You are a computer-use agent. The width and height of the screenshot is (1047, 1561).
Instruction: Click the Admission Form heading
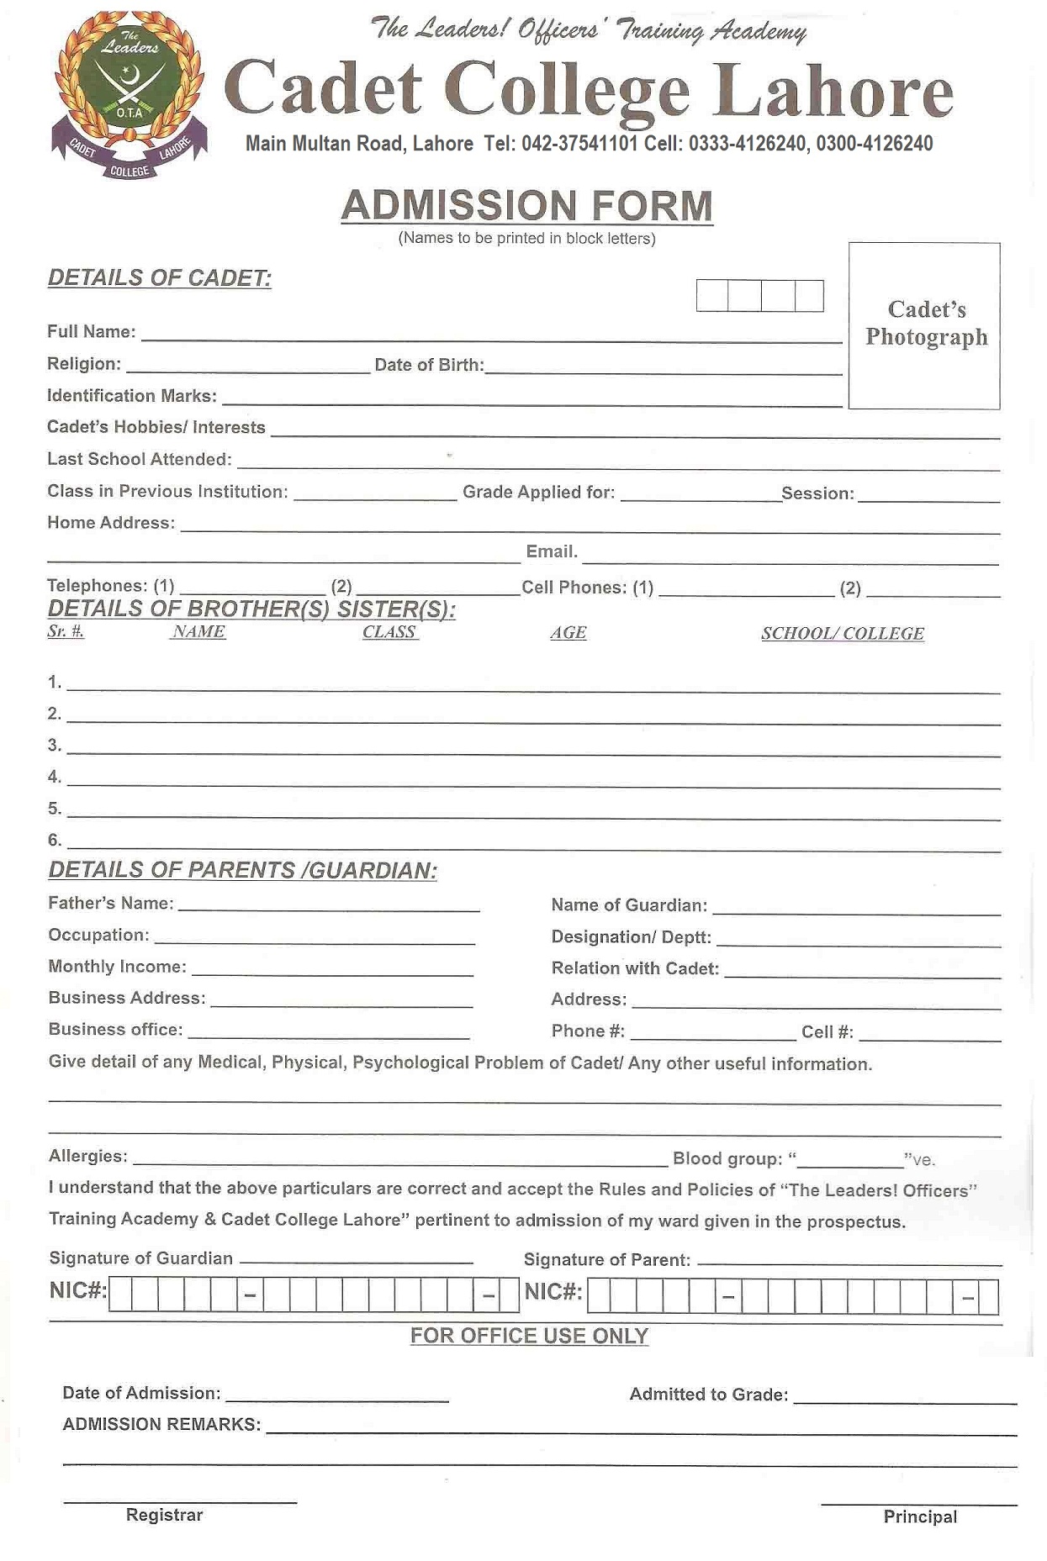[526, 206]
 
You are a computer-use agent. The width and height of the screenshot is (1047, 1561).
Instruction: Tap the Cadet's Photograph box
[924, 325]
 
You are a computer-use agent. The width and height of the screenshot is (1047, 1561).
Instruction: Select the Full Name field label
[91, 332]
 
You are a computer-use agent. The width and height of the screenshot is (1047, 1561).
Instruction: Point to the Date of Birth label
[429, 365]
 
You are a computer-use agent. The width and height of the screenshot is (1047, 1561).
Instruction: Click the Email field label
[552, 552]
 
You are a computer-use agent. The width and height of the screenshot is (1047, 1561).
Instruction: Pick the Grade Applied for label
[538, 493]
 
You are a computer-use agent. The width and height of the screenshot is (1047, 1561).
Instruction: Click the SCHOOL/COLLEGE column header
[842, 634]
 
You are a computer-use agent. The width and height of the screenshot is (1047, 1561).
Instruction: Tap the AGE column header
[568, 633]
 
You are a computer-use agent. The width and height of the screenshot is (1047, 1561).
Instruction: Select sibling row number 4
[55, 778]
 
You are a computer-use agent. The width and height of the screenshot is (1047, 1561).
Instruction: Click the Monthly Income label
[117, 967]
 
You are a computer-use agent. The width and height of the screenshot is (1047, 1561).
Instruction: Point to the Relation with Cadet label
[635, 968]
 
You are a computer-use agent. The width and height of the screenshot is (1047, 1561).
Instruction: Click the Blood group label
[727, 1159]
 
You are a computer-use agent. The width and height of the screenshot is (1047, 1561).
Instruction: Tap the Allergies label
[88, 1157]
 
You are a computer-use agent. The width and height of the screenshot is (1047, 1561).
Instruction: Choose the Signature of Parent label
[606, 1260]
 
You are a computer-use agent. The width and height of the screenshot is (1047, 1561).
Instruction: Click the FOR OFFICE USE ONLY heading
[529, 1337]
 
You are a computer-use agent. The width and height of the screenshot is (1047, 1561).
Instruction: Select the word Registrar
[164, 1515]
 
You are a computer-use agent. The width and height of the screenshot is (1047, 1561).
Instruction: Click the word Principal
[920, 1516]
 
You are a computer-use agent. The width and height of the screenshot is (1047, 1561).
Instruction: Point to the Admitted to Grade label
[708, 1395]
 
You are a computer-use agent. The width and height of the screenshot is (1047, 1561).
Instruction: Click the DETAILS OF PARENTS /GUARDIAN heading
[243, 871]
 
